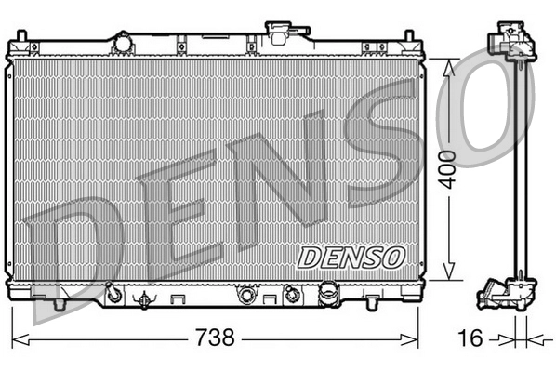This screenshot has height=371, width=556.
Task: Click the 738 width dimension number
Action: pyautogui.click(x=214, y=337)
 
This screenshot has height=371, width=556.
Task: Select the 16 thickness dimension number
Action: pyautogui.click(x=471, y=337)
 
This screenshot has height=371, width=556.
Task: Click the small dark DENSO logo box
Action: pyautogui.click(x=350, y=255)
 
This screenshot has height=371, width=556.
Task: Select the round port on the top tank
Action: pyautogui.click(x=121, y=41)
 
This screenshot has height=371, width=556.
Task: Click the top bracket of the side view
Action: pyautogui.click(x=510, y=42)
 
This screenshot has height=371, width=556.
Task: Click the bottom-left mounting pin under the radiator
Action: pyautogui.click(x=59, y=304)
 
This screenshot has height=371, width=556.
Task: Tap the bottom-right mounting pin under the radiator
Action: pyautogui.click(x=372, y=302)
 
